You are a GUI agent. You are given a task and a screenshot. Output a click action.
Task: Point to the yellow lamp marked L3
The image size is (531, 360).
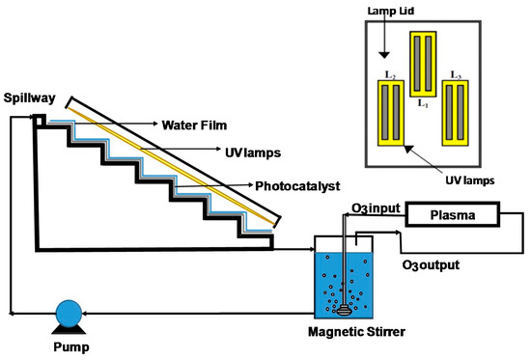[x=457, y=113]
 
